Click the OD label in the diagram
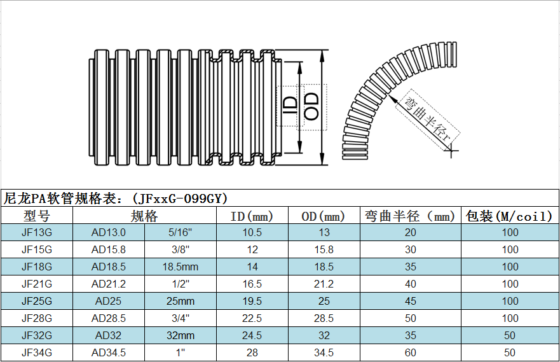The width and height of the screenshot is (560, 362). (311, 106)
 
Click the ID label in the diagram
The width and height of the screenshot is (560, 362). (290, 106)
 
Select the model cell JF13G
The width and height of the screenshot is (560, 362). (37, 232)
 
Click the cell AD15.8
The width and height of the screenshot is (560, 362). (109, 249)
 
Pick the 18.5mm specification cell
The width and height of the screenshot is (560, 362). (181, 267)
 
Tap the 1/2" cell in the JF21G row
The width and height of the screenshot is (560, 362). (181, 284)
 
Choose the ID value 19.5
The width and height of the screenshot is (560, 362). (252, 301)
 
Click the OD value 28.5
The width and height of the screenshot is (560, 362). (324, 318)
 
